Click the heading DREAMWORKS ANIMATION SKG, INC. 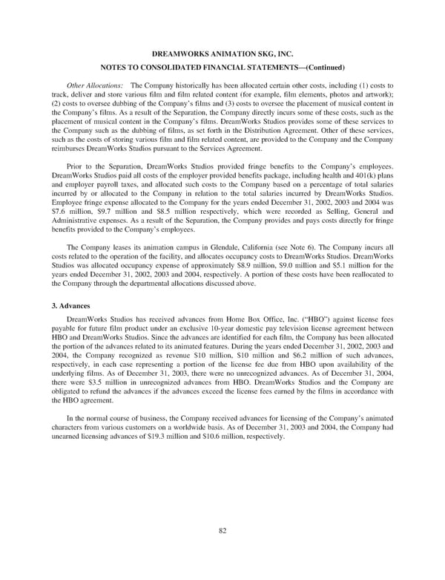point(222,56)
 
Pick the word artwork point(378,105)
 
